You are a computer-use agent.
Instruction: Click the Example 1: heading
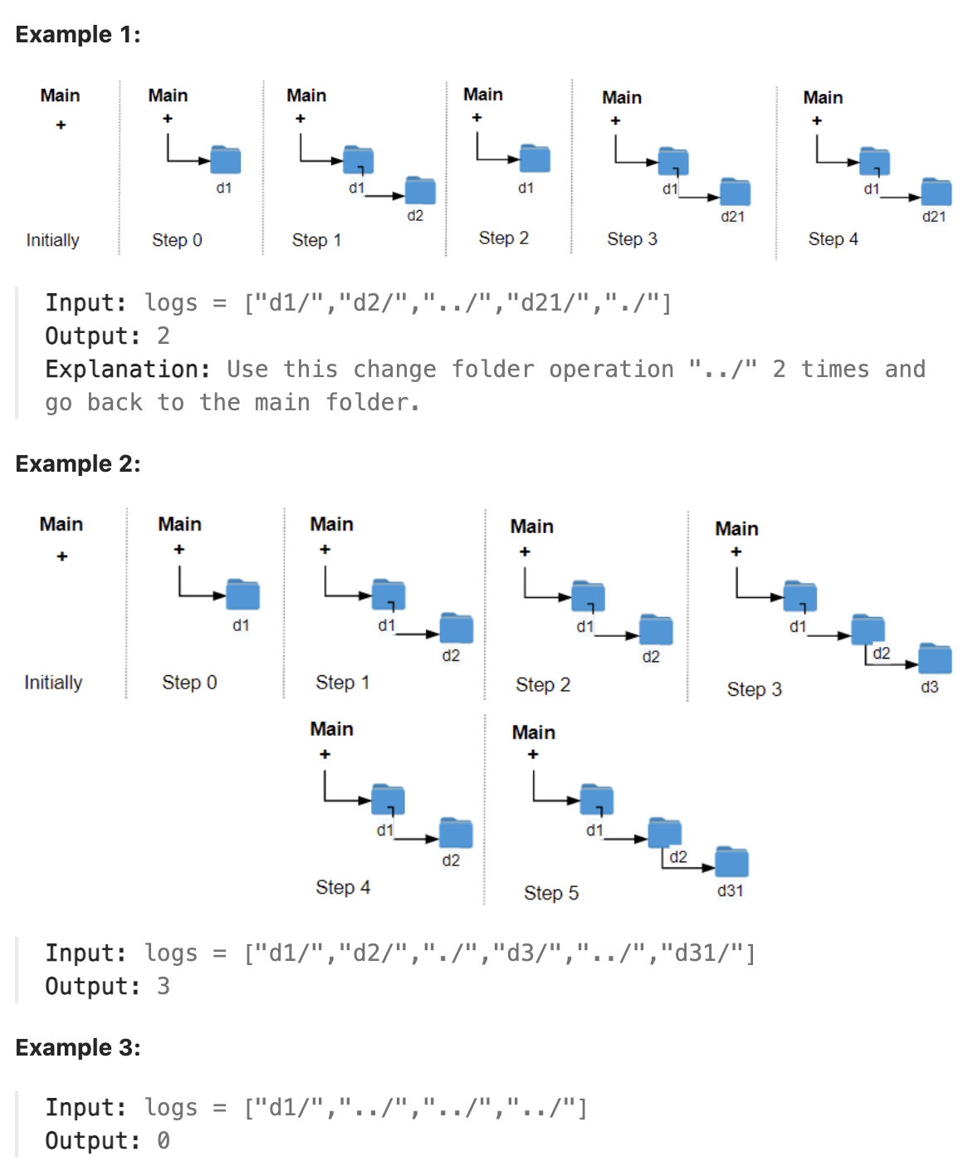pos(78,35)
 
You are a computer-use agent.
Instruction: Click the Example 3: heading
pos(78,1048)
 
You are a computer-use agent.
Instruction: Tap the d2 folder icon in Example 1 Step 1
pos(420,191)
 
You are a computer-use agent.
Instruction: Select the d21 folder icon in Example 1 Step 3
pos(735,192)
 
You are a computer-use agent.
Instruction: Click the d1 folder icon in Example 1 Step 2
pos(535,159)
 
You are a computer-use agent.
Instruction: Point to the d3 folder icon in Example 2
pos(935,659)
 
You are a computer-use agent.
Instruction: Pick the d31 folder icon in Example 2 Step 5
pos(731,862)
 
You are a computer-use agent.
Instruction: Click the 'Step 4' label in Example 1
pos(833,239)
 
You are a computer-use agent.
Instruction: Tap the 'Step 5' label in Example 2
pos(550,893)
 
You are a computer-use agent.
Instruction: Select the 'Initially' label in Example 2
pos(53,683)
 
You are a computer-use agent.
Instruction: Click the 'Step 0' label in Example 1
pos(177,240)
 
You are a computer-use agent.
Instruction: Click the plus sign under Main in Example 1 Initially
pos(61,125)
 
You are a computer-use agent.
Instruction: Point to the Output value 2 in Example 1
pos(164,336)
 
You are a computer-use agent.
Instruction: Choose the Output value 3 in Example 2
pos(164,987)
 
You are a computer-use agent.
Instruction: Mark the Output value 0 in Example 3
pos(164,1141)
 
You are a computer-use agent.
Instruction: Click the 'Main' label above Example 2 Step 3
pos(736,529)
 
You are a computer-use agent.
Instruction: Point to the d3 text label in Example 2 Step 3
pos(929,688)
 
